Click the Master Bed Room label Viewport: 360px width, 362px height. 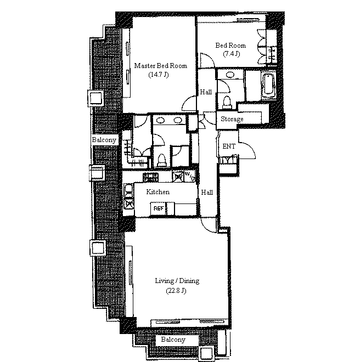click(x=161, y=66)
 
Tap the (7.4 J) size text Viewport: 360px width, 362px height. click(x=232, y=54)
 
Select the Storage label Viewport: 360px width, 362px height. click(x=232, y=119)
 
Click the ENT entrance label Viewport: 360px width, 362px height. click(x=229, y=146)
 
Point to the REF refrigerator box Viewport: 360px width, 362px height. click(x=159, y=208)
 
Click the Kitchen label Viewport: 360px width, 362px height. click(x=158, y=192)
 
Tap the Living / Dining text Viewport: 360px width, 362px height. click(x=177, y=281)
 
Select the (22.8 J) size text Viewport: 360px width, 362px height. click(x=176, y=291)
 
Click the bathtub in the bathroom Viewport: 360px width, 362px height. click(x=268, y=85)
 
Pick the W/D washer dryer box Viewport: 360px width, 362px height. click(x=190, y=177)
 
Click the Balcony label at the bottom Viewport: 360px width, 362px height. click(x=173, y=340)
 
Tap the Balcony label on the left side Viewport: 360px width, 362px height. click(x=104, y=140)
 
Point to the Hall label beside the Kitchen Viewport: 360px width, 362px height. click(x=207, y=193)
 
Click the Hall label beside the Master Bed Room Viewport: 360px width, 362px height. click(x=206, y=92)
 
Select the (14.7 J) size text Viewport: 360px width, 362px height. click(x=159, y=75)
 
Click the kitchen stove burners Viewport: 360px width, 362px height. click(x=151, y=177)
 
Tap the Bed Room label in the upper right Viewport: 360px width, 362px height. click(x=230, y=46)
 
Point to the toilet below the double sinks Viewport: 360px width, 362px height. click(x=162, y=160)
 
